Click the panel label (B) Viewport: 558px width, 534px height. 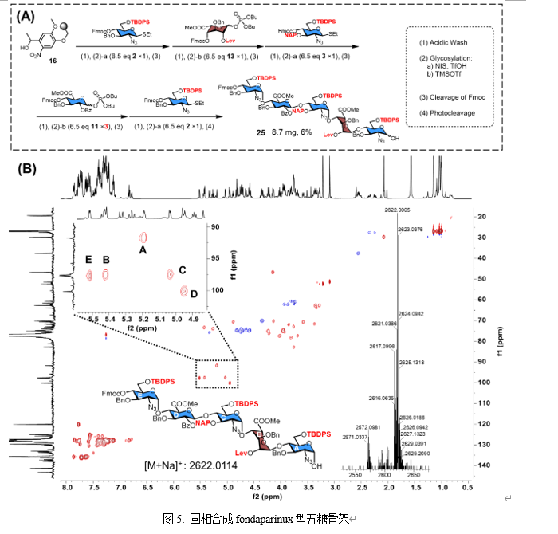(x=26, y=168)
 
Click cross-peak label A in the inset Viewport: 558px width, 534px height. (x=143, y=249)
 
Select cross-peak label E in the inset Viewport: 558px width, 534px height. (x=88, y=260)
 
